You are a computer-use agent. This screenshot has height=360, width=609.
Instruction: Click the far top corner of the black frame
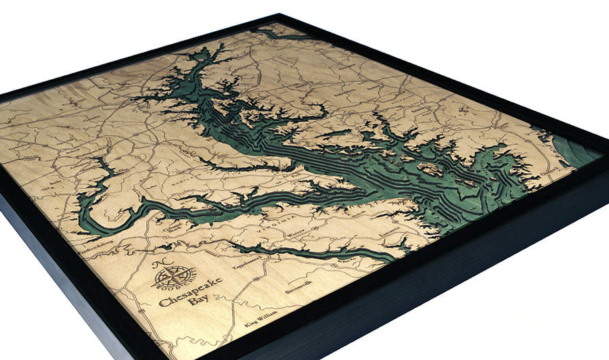pos(277,15)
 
